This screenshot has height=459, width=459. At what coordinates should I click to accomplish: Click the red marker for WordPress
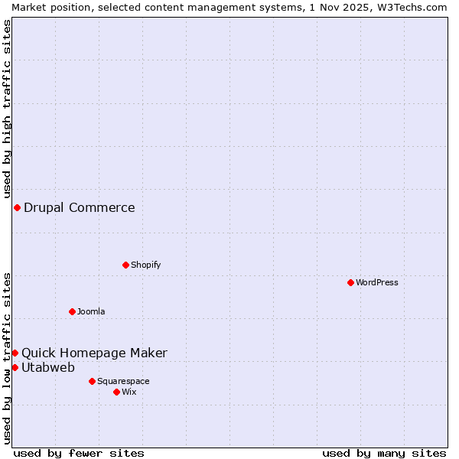(350, 282)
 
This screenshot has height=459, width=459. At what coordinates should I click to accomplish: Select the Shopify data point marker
(125, 265)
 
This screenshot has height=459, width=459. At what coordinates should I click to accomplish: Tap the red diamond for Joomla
(72, 311)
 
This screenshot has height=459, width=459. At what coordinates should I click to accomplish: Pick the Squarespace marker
(92, 381)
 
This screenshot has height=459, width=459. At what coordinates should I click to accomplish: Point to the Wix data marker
(116, 392)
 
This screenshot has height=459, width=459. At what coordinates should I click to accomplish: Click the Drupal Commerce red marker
(17, 207)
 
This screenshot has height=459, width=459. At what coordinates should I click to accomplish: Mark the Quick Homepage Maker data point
(15, 353)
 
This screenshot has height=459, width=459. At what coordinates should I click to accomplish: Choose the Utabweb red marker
(15, 367)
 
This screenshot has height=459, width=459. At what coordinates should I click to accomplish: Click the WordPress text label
(377, 282)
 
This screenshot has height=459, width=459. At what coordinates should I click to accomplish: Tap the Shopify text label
(145, 265)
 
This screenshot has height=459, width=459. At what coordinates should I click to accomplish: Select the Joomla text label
(91, 311)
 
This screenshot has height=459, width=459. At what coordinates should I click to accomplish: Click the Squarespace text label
(123, 381)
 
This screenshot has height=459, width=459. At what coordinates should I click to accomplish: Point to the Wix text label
(129, 392)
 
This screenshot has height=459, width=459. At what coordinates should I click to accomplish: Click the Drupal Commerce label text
(80, 207)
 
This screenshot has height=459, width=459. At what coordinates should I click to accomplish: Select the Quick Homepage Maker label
(94, 353)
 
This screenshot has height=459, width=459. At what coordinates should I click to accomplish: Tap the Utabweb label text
(48, 367)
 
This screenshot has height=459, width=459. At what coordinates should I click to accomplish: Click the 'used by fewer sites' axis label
(79, 453)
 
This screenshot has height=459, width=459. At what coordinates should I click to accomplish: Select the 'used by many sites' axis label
(384, 453)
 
